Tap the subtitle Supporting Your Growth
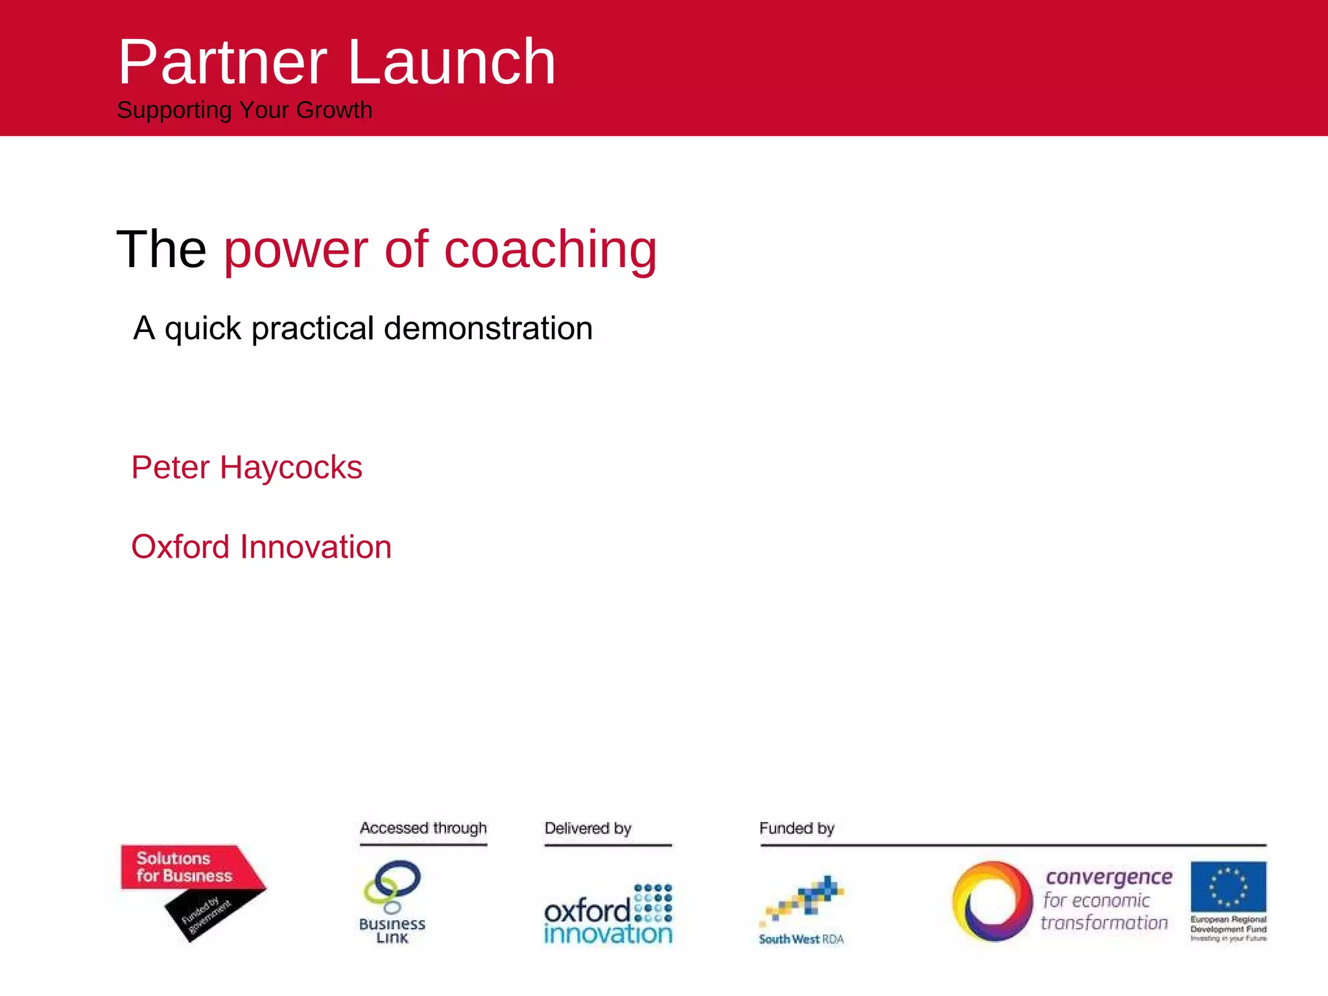[x=244, y=110]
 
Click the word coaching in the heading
[x=550, y=250]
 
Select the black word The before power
[x=161, y=250]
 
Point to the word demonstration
[x=488, y=328]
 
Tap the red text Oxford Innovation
[x=261, y=547]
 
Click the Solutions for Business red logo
[x=184, y=867]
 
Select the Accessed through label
[x=423, y=828]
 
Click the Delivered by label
[x=587, y=828]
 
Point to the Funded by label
[x=796, y=828]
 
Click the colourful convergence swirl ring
[x=991, y=901]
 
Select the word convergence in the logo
[x=1109, y=877]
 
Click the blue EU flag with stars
[x=1227, y=886]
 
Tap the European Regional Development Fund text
[x=1227, y=925]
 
